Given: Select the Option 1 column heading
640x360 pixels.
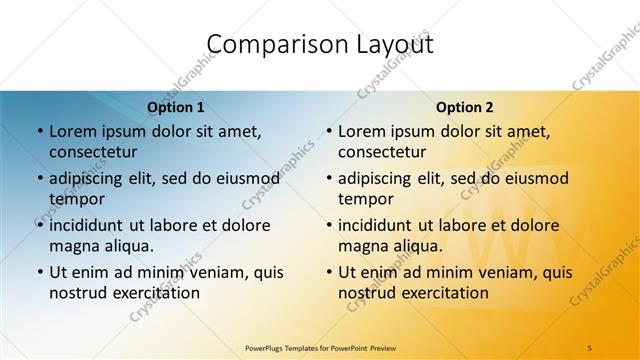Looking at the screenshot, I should [x=176, y=107].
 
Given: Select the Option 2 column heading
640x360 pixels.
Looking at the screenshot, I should [x=465, y=107].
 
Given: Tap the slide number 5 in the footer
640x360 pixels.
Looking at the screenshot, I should [x=589, y=346].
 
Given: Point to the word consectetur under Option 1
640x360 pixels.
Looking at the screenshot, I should [x=93, y=152].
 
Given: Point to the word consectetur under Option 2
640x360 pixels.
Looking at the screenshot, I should [x=382, y=152].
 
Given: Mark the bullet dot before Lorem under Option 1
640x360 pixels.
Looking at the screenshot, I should [x=39, y=131].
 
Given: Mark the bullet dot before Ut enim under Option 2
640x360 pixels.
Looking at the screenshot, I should [x=328, y=272].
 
